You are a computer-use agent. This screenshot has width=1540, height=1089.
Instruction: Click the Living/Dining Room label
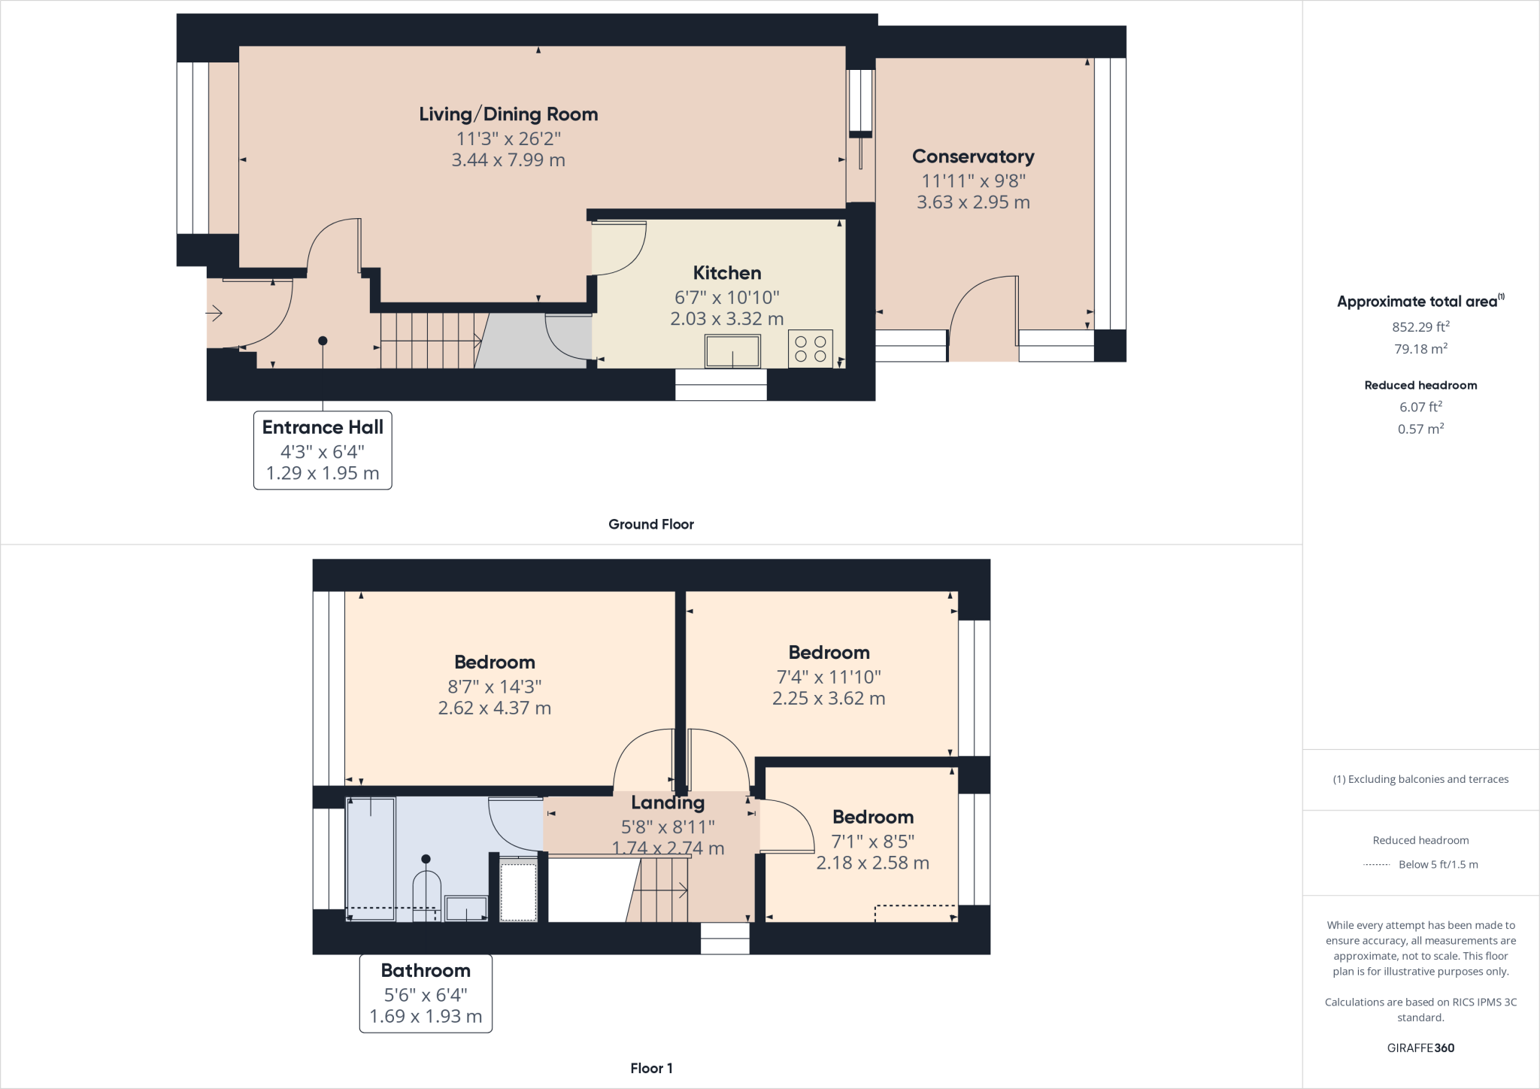(508, 114)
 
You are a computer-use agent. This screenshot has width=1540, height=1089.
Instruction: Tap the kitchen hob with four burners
(810, 349)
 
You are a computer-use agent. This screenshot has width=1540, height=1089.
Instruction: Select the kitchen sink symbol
(732, 351)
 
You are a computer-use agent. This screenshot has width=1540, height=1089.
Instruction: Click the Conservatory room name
(973, 156)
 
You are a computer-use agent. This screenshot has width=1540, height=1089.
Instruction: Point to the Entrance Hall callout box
(323, 450)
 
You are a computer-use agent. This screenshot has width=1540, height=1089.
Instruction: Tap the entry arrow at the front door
(214, 313)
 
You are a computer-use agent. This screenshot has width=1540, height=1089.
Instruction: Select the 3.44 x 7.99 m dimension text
(508, 160)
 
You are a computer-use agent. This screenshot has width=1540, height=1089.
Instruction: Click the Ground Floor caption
(650, 524)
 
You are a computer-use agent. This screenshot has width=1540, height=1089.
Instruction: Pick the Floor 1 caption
(651, 1068)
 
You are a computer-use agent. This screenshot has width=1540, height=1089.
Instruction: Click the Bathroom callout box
(426, 993)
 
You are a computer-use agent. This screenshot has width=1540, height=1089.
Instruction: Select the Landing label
(668, 802)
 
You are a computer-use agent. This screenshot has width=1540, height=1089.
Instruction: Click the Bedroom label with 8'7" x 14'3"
(495, 663)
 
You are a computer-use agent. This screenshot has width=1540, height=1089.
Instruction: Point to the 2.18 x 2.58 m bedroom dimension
(872, 863)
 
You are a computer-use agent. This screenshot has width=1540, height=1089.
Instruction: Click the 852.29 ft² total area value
(1420, 326)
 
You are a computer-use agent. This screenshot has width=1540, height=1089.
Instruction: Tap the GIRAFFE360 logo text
(1420, 1048)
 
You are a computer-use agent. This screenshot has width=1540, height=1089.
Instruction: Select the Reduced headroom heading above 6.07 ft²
(1420, 385)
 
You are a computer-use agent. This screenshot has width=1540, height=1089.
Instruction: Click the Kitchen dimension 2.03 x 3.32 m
(726, 319)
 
